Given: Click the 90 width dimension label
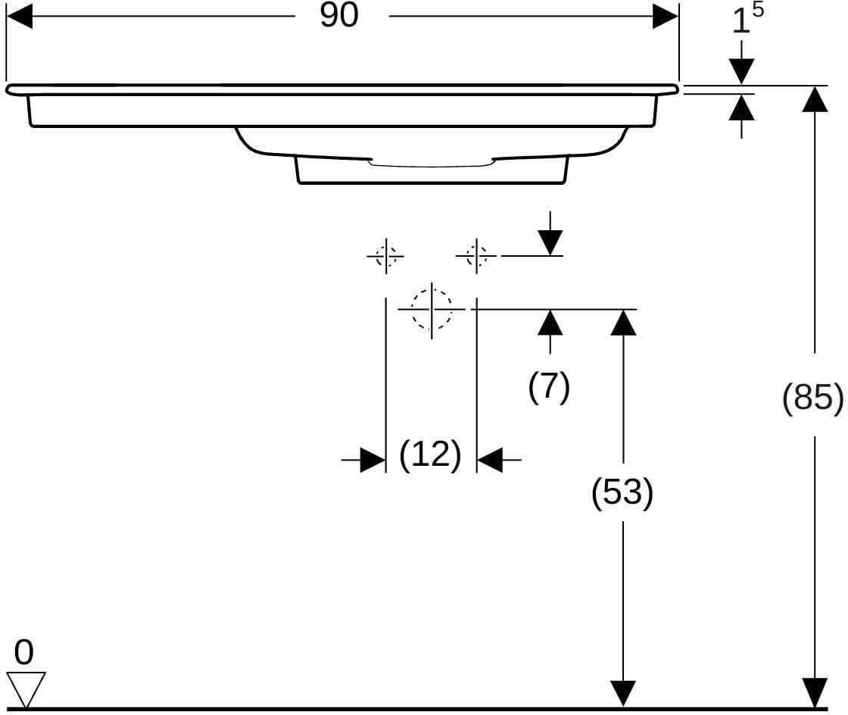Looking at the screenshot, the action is (339, 15).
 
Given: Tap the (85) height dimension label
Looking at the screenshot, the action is (813, 398).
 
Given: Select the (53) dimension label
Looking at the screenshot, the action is (622, 493).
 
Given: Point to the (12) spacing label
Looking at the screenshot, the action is (431, 455).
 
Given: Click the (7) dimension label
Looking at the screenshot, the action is (549, 387).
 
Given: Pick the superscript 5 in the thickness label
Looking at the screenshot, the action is (757, 10).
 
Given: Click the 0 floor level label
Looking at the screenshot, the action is (23, 652).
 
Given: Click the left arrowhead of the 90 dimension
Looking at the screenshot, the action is (20, 16).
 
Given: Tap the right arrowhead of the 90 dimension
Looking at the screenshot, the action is (666, 16).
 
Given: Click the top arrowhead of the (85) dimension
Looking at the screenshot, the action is (815, 98).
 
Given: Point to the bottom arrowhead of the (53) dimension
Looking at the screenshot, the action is (623, 695).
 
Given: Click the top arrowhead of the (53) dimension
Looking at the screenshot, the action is (623, 323).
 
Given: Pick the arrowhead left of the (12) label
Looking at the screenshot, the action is (373, 460).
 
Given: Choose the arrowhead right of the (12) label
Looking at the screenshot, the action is (490, 460).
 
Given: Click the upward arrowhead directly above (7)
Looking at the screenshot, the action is (550, 323).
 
